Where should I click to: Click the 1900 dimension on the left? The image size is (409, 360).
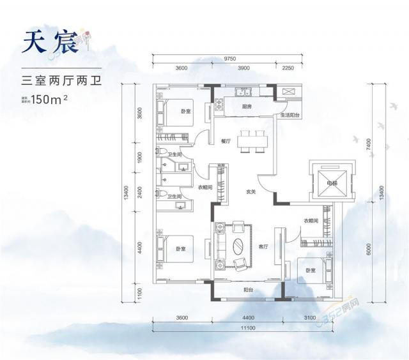(139, 159)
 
